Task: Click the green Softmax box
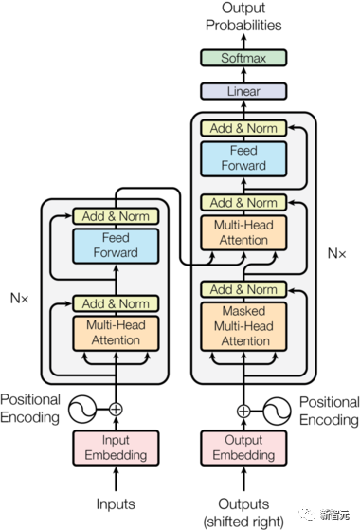pyautogui.click(x=243, y=58)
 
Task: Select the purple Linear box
pyautogui.click(x=243, y=92)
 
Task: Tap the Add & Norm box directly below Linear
pyautogui.click(x=243, y=128)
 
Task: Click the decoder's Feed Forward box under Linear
pyautogui.click(x=243, y=158)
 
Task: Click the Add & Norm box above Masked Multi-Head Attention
pyautogui.click(x=243, y=289)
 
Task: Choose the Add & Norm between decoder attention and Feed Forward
pyautogui.click(x=243, y=203)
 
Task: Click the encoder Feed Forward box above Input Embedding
pyautogui.click(x=116, y=246)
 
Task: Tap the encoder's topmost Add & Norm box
pyautogui.click(x=116, y=216)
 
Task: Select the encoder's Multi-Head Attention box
pyautogui.click(x=116, y=333)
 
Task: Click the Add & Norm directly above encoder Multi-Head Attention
pyautogui.click(x=116, y=303)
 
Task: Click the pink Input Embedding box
pyautogui.click(x=116, y=448)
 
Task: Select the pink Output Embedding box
pyautogui.click(x=243, y=448)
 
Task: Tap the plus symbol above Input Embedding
pyautogui.click(x=116, y=410)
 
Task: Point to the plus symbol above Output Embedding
pyautogui.click(x=243, y=411)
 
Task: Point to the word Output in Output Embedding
pyautogui.click(x=243, y=441)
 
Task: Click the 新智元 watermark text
pyautogui.click(x=333, y=514)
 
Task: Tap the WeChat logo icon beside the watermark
pyautogui.click(x=308, y=513)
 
